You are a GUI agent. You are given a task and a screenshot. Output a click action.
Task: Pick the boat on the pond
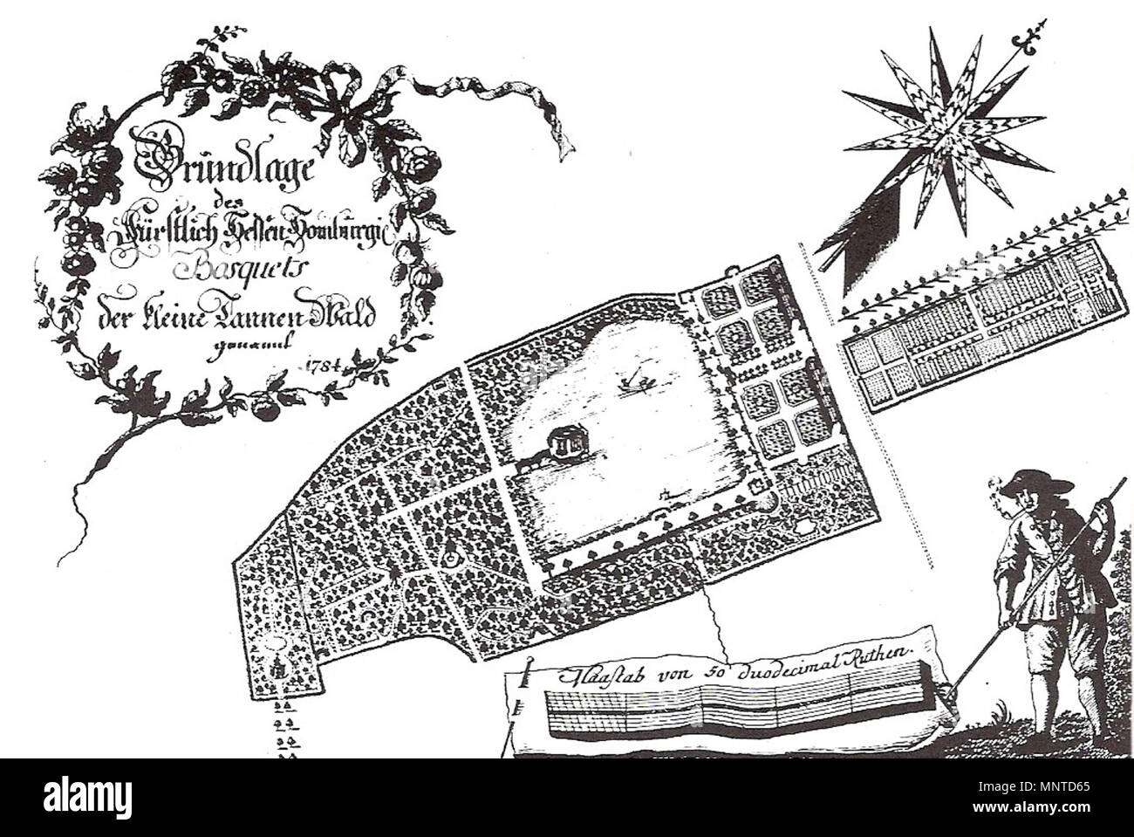[637, 381]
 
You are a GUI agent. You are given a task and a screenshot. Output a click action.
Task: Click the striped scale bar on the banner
[733, 707]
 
